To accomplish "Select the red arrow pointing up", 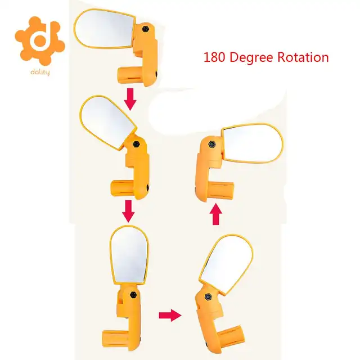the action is pyautogui.click(x=214, y=214).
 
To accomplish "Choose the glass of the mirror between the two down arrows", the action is pyautogui.click(x=107, y=125).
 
